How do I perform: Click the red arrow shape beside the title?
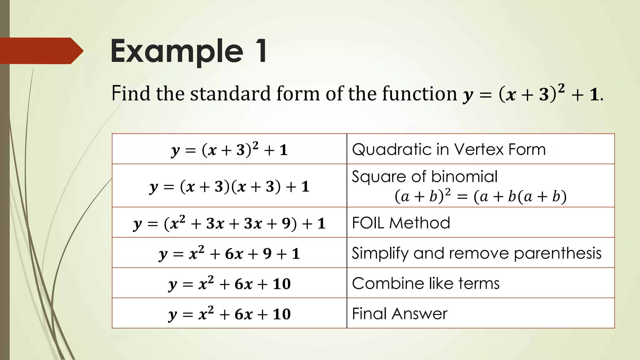[x=41, y=51]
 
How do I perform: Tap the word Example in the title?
[x=177, y=52]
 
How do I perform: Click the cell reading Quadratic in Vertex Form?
[x=448, y=149]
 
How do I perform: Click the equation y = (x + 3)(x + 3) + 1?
[x=229, y=187]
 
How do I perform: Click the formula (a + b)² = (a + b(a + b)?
[x=480, y=197]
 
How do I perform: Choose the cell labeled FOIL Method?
[x=401, y=223]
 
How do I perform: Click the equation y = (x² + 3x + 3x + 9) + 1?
[x=229, y=223]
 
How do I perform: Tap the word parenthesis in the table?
[x=557, y=253]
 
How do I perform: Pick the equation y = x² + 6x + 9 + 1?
[x=229, y=253]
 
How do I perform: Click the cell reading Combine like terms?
[x=426, y=283]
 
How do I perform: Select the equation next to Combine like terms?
[x=229, y=284]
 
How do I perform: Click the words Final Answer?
[x=400, y=313]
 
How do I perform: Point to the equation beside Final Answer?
[x=229, y=314]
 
